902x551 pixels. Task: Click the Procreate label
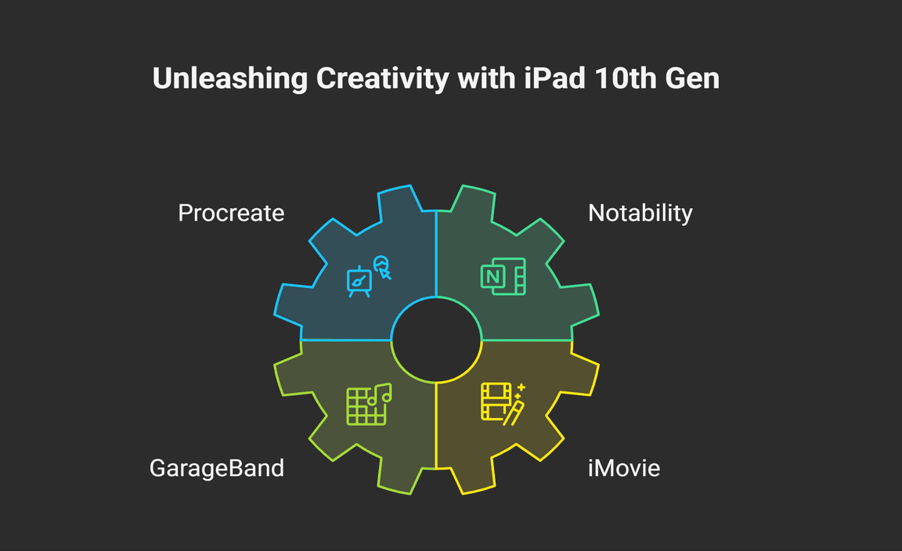(x=231, y=214)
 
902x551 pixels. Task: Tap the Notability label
(x=640, y=214)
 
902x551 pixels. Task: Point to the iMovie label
(x=624, y=468)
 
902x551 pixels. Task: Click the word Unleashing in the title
(x=230, y=79)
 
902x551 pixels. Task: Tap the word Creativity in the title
(x=383, y=79)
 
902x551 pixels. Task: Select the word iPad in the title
(x=554, y=78)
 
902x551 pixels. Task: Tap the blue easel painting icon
(x=359, y=282)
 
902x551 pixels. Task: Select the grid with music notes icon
(x=369, y=405)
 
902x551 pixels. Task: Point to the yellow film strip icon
(x=496, y=402)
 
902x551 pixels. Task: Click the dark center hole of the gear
(x=437, y=340)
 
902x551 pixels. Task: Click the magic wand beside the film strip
(x=514, y=413)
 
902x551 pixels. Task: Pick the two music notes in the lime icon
(x=380, y=394)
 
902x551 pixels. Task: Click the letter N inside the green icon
(x=493, y=277)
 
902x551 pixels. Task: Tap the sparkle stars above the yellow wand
(x=519, y=391)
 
